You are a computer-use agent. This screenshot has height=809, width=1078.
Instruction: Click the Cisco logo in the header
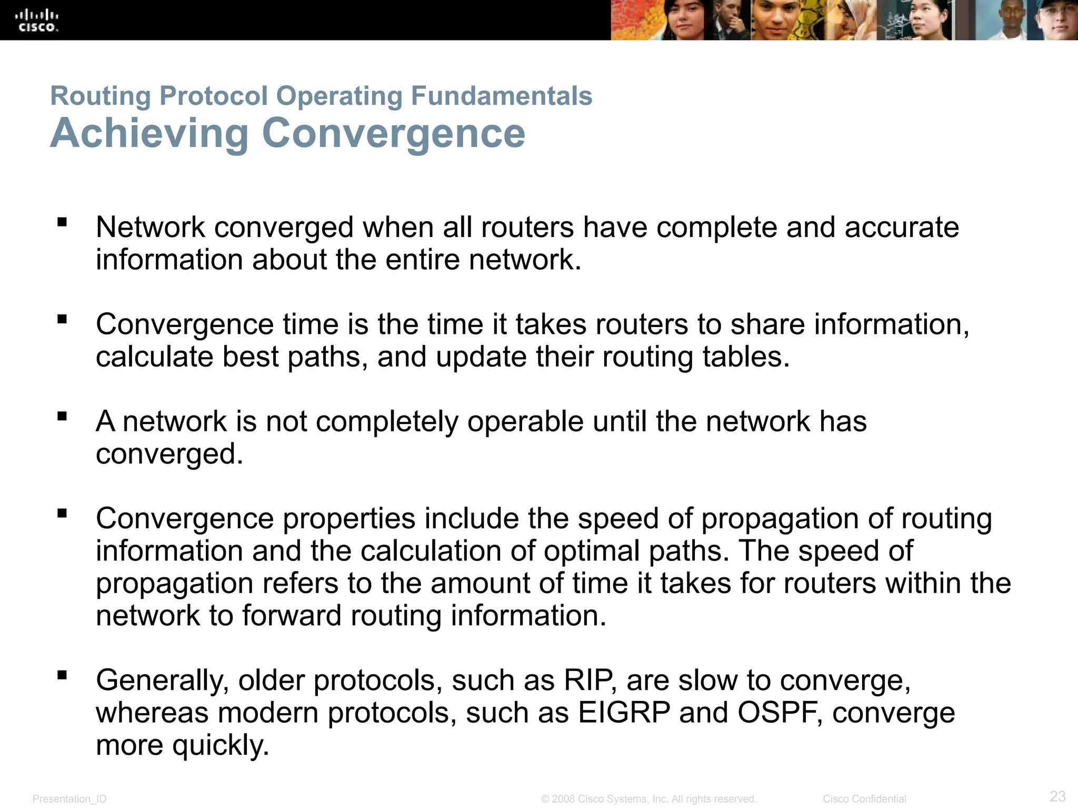pos(37,21)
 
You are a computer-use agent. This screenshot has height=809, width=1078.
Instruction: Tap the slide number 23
pos(1057,796)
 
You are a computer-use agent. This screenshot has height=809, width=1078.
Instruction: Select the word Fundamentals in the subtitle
pos(501,96)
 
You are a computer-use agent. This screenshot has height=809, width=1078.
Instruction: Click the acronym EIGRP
pos(624,713)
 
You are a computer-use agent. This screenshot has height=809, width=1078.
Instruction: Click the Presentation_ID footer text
pos(69,799)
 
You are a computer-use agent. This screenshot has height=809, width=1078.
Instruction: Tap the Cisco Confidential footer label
pos(864,799)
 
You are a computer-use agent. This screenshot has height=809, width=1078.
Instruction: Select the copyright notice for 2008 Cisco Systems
pos(649,799)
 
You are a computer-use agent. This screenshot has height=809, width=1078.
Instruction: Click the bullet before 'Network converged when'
pos(63,222)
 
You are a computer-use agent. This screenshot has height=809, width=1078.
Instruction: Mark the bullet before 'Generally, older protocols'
pos(63,675)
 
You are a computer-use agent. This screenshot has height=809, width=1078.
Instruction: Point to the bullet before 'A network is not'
pos(63,417)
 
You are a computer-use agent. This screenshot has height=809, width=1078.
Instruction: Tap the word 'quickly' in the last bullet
pos(220,746)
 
